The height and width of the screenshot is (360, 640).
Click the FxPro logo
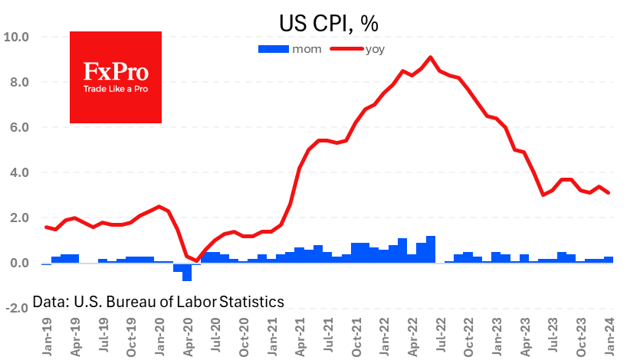116,77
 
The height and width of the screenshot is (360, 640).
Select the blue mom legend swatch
272,49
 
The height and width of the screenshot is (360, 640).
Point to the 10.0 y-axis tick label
16,37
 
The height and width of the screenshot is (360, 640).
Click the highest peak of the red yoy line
430,57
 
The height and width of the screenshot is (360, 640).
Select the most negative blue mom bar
187,272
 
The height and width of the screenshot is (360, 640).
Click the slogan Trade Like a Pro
116,90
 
